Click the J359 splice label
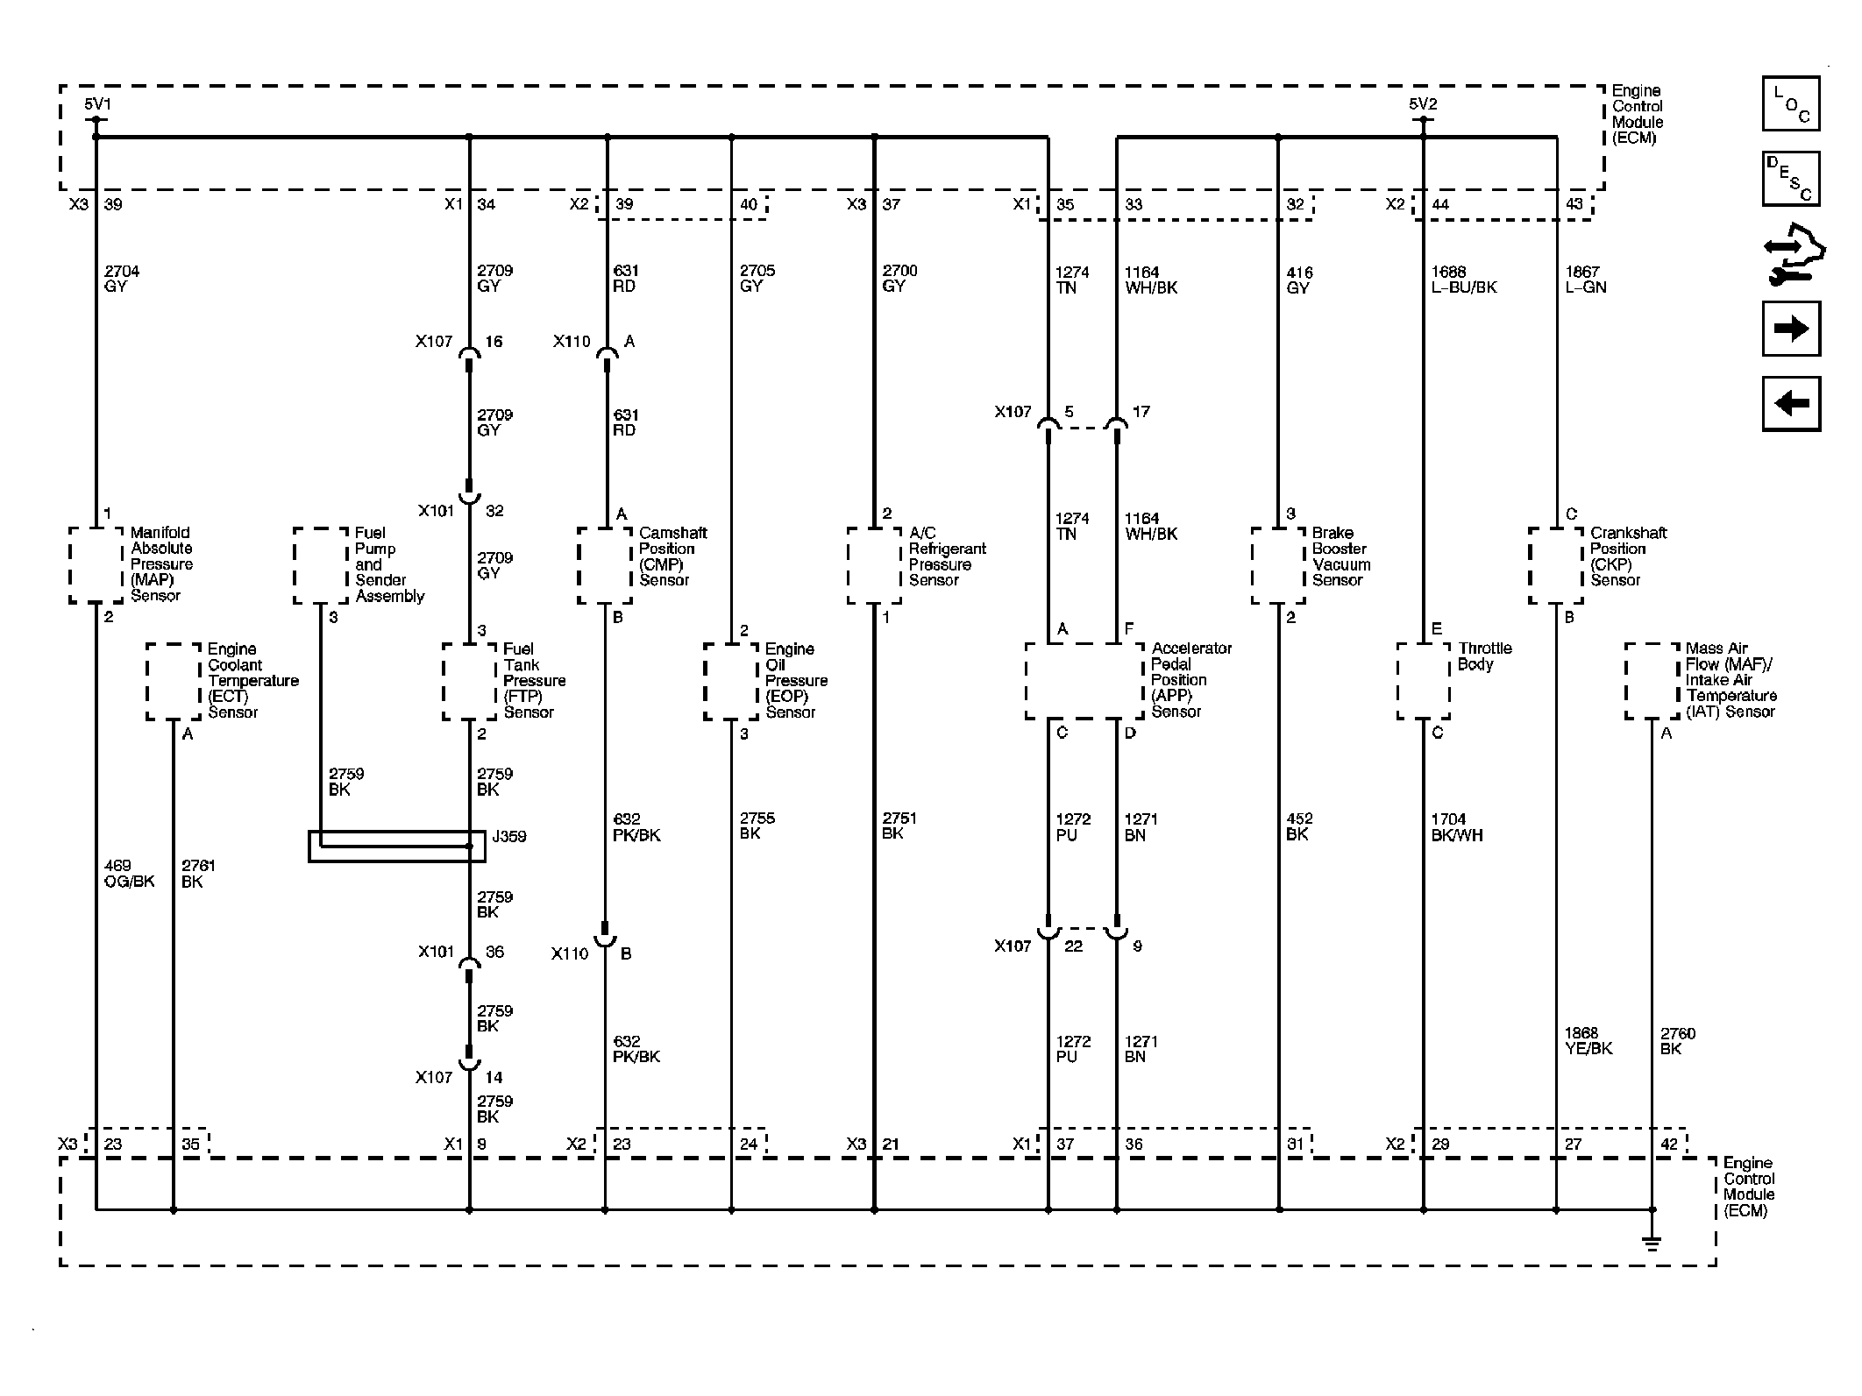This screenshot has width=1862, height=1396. (509, 837)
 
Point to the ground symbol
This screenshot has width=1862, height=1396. (1652, 1242)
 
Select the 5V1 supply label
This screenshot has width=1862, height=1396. (97, 105)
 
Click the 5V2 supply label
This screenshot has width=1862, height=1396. (1423, 104)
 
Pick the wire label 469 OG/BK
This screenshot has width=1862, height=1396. (129, 874)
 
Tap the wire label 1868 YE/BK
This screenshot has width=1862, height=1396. (1588, 1040)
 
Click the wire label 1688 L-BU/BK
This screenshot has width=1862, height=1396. (1464, 280)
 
